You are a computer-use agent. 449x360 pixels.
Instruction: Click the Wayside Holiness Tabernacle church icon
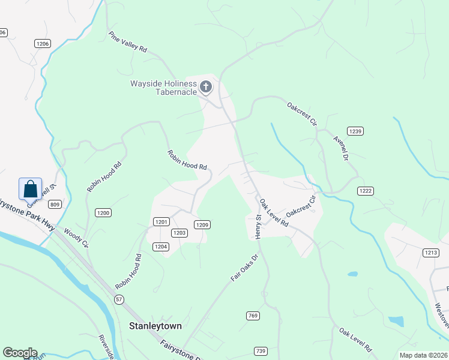click(x=205, y=88)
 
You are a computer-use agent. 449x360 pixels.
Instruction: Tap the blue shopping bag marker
click(x=30, y=190)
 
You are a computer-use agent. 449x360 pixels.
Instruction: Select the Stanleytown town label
click(x=155, y=326)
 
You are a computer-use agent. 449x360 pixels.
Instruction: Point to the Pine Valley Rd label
click(x=128, y=43)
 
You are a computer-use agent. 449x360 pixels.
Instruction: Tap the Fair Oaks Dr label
click(x=244, y=268)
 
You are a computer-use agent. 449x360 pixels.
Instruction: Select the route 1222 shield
click(x=366, y=191)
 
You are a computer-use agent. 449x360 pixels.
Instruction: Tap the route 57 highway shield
click(x=120, y=299)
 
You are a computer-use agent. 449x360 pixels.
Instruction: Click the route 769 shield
click(x=253, y=316)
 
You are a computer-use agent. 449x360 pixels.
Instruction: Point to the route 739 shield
click(x=261, y=351)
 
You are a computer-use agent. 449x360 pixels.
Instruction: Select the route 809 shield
click(x=56, y=205)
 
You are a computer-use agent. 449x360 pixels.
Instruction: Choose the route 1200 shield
click(x=103, y=212)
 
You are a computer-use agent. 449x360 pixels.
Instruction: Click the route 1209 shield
click(x=202, y=224)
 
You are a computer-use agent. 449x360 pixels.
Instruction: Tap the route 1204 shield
click(x=161, y=246)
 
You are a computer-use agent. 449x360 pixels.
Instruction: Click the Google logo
click(x=20, y=352)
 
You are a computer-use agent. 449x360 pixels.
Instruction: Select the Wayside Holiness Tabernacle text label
click(x=164, y=88)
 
